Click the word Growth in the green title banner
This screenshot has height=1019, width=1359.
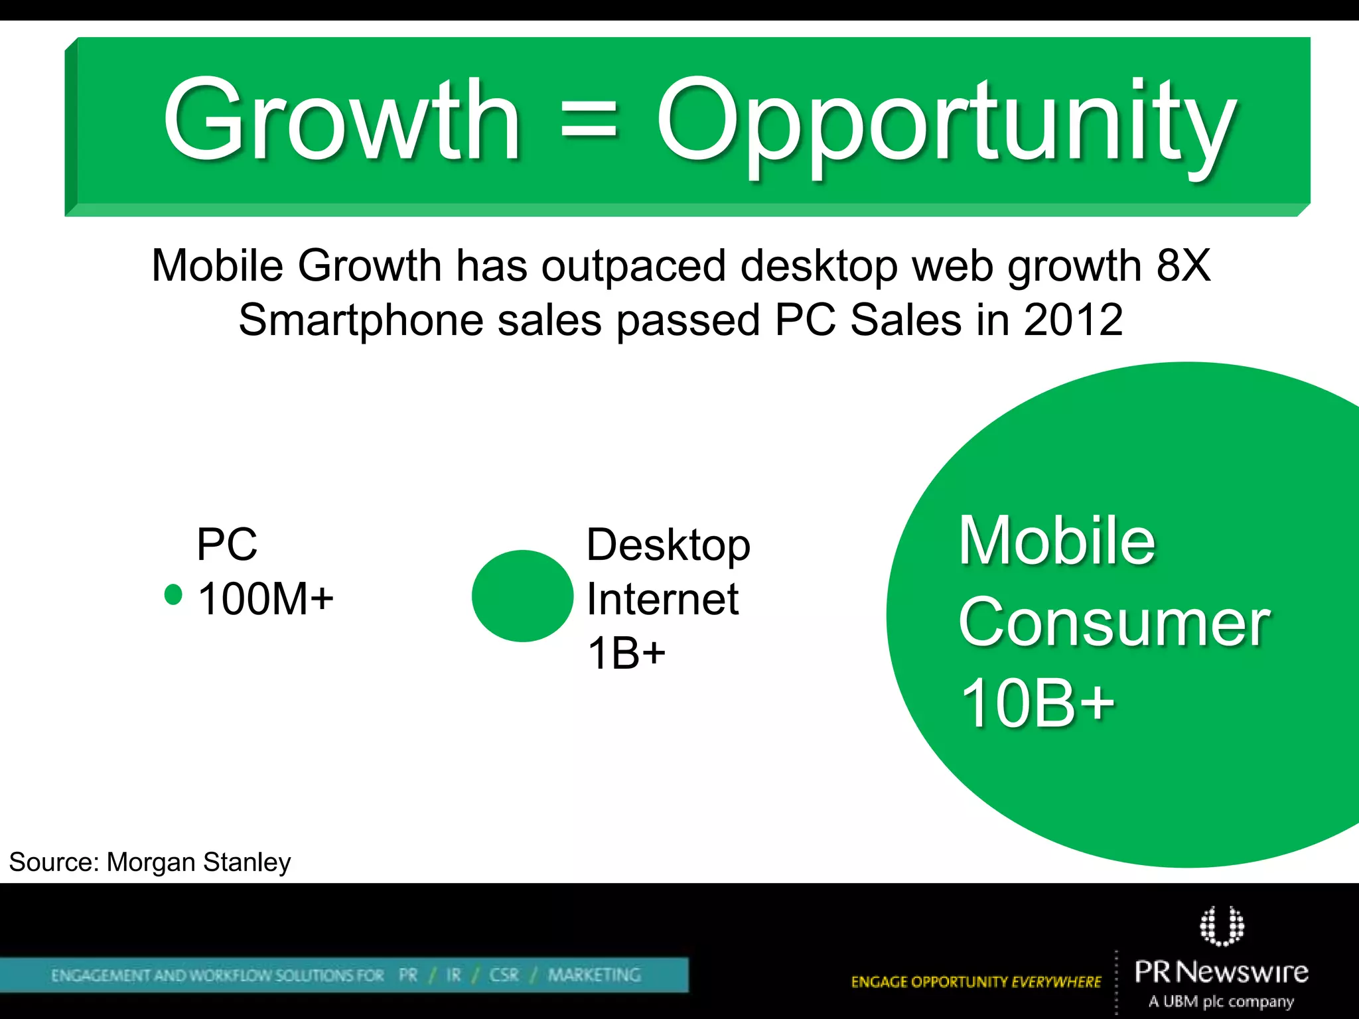342,121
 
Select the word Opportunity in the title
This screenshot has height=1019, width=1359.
946,126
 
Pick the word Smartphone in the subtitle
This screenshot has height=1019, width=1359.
361,321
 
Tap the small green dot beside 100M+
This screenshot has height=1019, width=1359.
173,594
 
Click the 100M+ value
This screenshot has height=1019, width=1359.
265,598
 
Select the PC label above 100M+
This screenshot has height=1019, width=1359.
226,544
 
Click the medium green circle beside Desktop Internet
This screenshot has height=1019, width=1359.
522,596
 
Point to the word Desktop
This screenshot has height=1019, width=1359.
668,545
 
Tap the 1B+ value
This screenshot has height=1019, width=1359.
626,653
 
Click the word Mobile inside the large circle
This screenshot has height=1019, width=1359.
1056,541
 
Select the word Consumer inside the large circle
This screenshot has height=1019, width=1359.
1113,622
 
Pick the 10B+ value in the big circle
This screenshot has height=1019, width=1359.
1037,703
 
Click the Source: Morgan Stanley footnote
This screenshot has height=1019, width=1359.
150,862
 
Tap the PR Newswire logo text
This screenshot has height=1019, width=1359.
1221,973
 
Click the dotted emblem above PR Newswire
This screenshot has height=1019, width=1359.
1222,925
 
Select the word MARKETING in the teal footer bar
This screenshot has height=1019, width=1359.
594,975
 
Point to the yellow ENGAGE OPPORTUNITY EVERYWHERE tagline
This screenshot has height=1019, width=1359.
975,982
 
